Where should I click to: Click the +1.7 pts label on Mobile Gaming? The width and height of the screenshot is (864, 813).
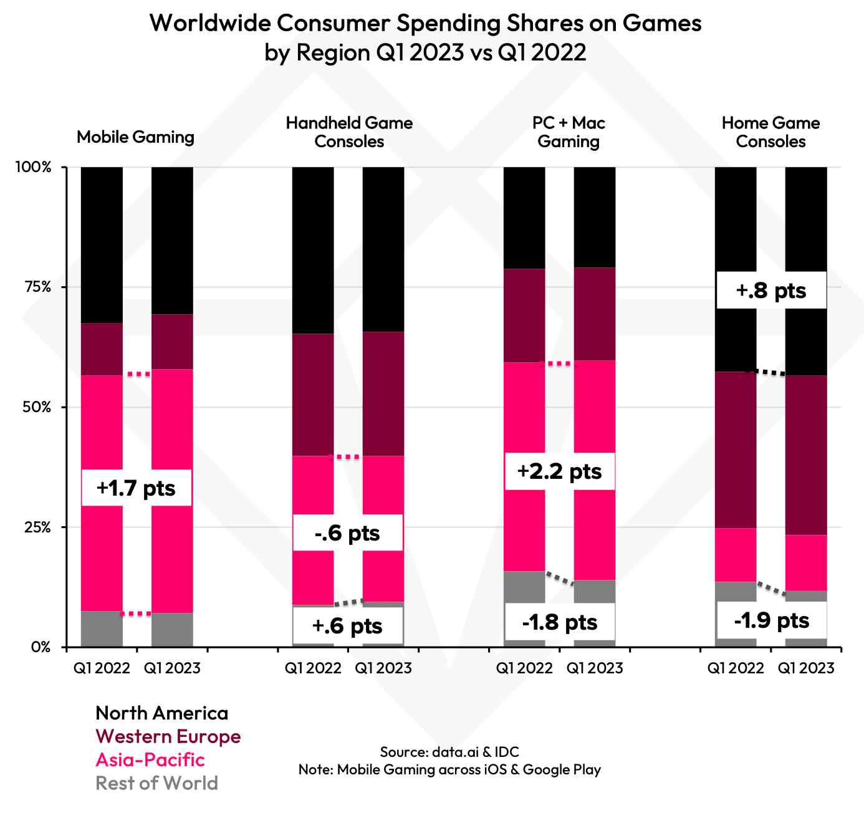pyautogui.click(x=137, y=488)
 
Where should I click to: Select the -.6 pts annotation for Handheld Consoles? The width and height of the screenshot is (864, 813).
pyautogui.click(x=347, y=533)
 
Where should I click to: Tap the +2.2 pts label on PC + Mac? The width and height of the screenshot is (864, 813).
pyautogui.click(x=559, y=471)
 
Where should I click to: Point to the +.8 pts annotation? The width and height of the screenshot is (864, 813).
pyautogui.click(x=771, y=290)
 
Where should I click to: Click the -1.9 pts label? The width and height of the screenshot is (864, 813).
pyautogui.click(x=771, y=620)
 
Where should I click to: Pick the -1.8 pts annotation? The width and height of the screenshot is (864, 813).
pyautogui.click(x=559, y=622)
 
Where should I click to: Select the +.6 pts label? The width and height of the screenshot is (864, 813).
pyautogui.click(x=347, y=625)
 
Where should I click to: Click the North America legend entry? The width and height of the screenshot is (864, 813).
pyautogui.click(x=161, y=713)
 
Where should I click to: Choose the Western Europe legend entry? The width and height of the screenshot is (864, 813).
pyautogui.click(x=168, y=736)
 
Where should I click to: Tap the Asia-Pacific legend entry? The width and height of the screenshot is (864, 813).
pyautogui.click(x=150, y=759)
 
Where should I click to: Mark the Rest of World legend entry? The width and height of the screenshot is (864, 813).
pyautogui.click(x=156, y=783)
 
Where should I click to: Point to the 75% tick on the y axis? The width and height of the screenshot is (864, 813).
pyautogui.click(x=37, y=287)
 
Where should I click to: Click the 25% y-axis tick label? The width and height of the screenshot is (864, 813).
pyautogui.click(x=37, y=527)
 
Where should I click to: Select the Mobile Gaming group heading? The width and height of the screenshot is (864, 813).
pyautogui.click(x=135, y=137)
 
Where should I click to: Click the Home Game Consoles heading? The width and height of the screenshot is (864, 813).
pyautogui.click(x=770, y=132)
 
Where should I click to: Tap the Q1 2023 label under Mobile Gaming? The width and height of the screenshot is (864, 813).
pyautogui.click(x=172, y=668)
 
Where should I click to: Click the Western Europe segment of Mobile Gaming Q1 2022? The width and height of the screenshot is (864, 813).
pyautogui.click(x=102, y=349)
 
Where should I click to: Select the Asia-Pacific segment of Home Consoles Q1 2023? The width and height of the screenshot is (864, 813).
pyautogui.click(x=805, y=562)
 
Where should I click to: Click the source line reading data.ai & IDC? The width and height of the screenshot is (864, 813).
pyautogui.click(x=449, y=751)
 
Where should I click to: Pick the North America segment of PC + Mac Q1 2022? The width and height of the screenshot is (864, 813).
pyautogui.click(x=524, y=218)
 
